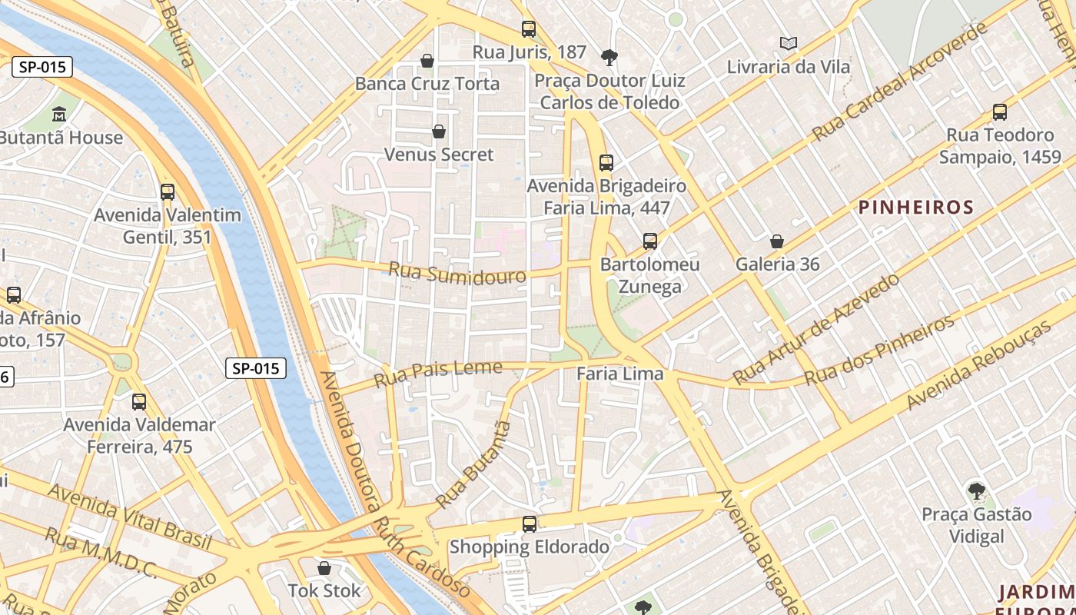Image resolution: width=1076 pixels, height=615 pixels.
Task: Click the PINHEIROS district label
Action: tap(915, 208)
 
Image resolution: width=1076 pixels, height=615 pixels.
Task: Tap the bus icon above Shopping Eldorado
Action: tap(529, 524)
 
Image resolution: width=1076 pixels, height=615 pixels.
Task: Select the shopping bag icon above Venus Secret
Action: tap(439, 131)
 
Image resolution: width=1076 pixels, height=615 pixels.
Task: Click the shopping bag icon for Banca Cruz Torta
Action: tap(427, 60)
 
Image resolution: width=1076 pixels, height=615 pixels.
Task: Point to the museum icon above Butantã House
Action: tap(59, 115)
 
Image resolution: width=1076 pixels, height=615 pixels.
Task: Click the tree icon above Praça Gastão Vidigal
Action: tap(976, 490)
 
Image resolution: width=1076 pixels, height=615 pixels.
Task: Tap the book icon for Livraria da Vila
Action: tap(789, 43)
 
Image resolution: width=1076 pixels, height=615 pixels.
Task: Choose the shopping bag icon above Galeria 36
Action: tap(777, 241)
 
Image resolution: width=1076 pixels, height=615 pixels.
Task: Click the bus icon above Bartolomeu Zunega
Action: tap(650, 241)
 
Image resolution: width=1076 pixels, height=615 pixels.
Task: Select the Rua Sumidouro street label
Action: tap(457, 274)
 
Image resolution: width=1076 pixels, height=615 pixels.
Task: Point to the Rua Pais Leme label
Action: tap(438, 374)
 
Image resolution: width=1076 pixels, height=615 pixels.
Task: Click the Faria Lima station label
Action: tap(620, 374)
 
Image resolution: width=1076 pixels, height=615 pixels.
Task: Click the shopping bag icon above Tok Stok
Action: tap(324, 568)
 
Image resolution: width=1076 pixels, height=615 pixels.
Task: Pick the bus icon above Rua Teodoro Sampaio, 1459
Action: tap(999, 112)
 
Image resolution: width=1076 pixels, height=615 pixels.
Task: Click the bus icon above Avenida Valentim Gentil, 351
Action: tap(168, 192)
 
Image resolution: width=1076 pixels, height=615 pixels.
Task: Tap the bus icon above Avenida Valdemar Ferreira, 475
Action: tap(139, 401)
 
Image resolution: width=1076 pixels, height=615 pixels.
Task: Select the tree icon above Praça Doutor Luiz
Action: tap(609, 57)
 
